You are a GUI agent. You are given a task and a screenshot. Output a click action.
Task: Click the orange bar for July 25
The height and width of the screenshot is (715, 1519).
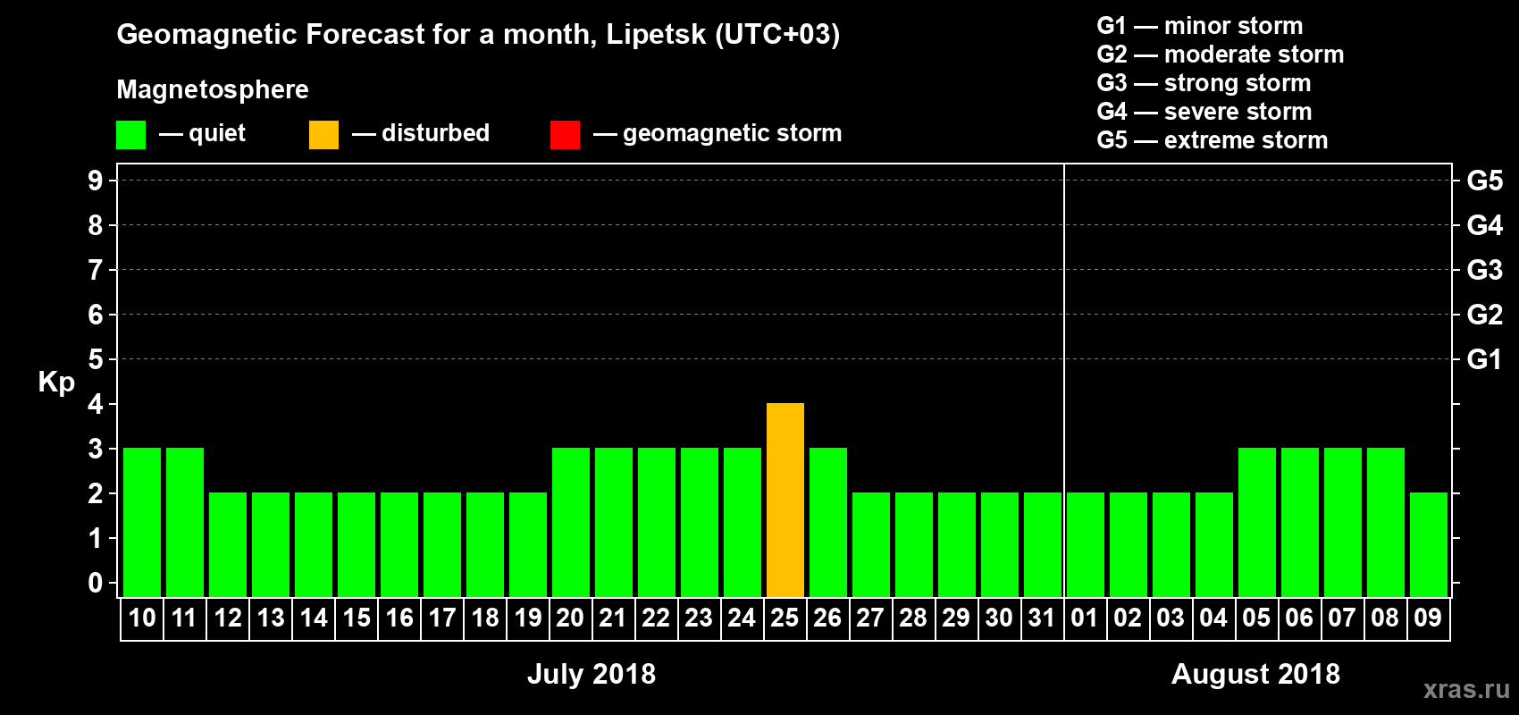coord(785,500)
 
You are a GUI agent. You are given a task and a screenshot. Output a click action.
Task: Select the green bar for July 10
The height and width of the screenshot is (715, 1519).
coord(142,522)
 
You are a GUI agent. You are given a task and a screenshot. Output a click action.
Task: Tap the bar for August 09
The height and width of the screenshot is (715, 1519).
coord(1429,544)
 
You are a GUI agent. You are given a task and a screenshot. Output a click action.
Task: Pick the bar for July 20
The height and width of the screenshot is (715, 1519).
coord(571,522)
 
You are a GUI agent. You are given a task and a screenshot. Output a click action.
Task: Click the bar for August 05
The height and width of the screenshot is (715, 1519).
coord(1257,522)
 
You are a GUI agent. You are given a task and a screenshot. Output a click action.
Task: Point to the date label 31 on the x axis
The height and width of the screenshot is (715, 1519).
coord(1042,618)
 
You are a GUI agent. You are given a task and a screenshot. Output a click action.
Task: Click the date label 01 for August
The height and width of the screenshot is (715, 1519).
coord(1084,618)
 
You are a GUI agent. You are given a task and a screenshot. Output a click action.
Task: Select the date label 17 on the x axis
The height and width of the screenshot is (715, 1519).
coord(442,618)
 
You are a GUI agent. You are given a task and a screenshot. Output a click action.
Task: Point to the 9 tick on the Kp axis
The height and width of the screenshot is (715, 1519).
coord(96,181)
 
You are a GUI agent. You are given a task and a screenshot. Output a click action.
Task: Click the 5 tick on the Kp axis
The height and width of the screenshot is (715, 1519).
coord(96,359)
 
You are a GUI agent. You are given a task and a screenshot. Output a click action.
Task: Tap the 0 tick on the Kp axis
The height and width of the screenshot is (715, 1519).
coord(96,583)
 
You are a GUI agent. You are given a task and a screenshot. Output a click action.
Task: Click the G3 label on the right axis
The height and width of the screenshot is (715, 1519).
coord(1484,270)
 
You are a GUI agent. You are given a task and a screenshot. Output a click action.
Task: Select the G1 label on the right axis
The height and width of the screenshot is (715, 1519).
coord(1484,359)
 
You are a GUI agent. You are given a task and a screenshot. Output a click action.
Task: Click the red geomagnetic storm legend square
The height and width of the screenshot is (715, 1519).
coord(565,135)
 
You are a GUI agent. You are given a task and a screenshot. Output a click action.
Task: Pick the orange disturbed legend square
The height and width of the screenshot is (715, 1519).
coord(323,135)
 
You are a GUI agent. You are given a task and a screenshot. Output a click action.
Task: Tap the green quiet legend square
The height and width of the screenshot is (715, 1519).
coord(130,135)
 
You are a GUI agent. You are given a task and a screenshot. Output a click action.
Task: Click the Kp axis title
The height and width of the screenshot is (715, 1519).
coord(56,383)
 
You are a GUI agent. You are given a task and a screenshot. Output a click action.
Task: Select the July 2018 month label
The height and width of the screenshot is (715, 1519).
coord(592,674)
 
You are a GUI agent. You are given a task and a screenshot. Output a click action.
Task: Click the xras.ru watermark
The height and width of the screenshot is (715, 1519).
coord(1466,689)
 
